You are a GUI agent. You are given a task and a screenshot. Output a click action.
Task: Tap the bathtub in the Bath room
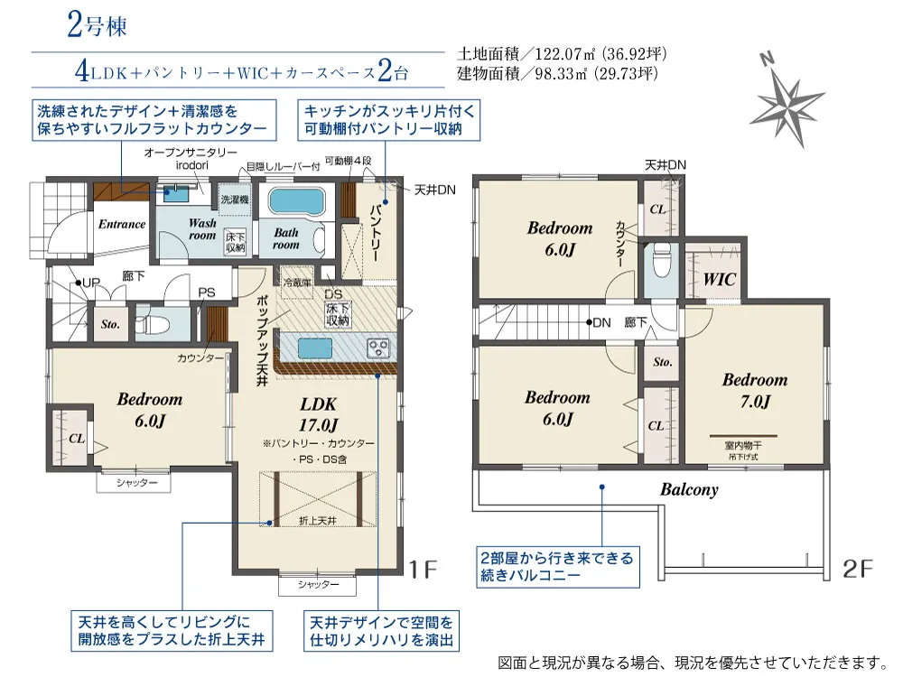(x=296, y=201)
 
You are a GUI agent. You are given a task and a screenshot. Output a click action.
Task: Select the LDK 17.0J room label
(x=318, y=414)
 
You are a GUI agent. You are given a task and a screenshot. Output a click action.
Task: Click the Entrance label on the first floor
(x=122, y=224)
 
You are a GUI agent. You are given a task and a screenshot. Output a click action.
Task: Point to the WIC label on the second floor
(x=720, y=280)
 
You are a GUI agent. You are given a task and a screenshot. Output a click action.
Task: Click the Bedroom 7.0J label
(x=754, y=390)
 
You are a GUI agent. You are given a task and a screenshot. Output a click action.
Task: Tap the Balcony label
(x=689, y=490)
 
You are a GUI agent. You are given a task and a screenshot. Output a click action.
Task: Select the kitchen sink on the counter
(x=314, y=348)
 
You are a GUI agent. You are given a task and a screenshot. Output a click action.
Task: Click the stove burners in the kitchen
(x=378, y=348)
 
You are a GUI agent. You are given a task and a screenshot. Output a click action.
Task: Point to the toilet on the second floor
(x=660, y=261)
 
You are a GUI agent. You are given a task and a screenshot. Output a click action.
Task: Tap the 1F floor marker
(x=423, y=570)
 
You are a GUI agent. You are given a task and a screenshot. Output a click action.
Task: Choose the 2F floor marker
(x=858, y=569)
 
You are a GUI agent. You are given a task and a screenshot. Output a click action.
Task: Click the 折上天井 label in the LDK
(x=317, y=521)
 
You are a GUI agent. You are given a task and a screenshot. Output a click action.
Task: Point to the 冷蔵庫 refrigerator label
(x=297, y=283)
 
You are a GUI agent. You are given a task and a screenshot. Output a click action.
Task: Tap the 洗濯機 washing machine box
(x=235, y=199)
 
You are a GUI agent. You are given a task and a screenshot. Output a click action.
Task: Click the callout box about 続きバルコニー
(x=557, y=567)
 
